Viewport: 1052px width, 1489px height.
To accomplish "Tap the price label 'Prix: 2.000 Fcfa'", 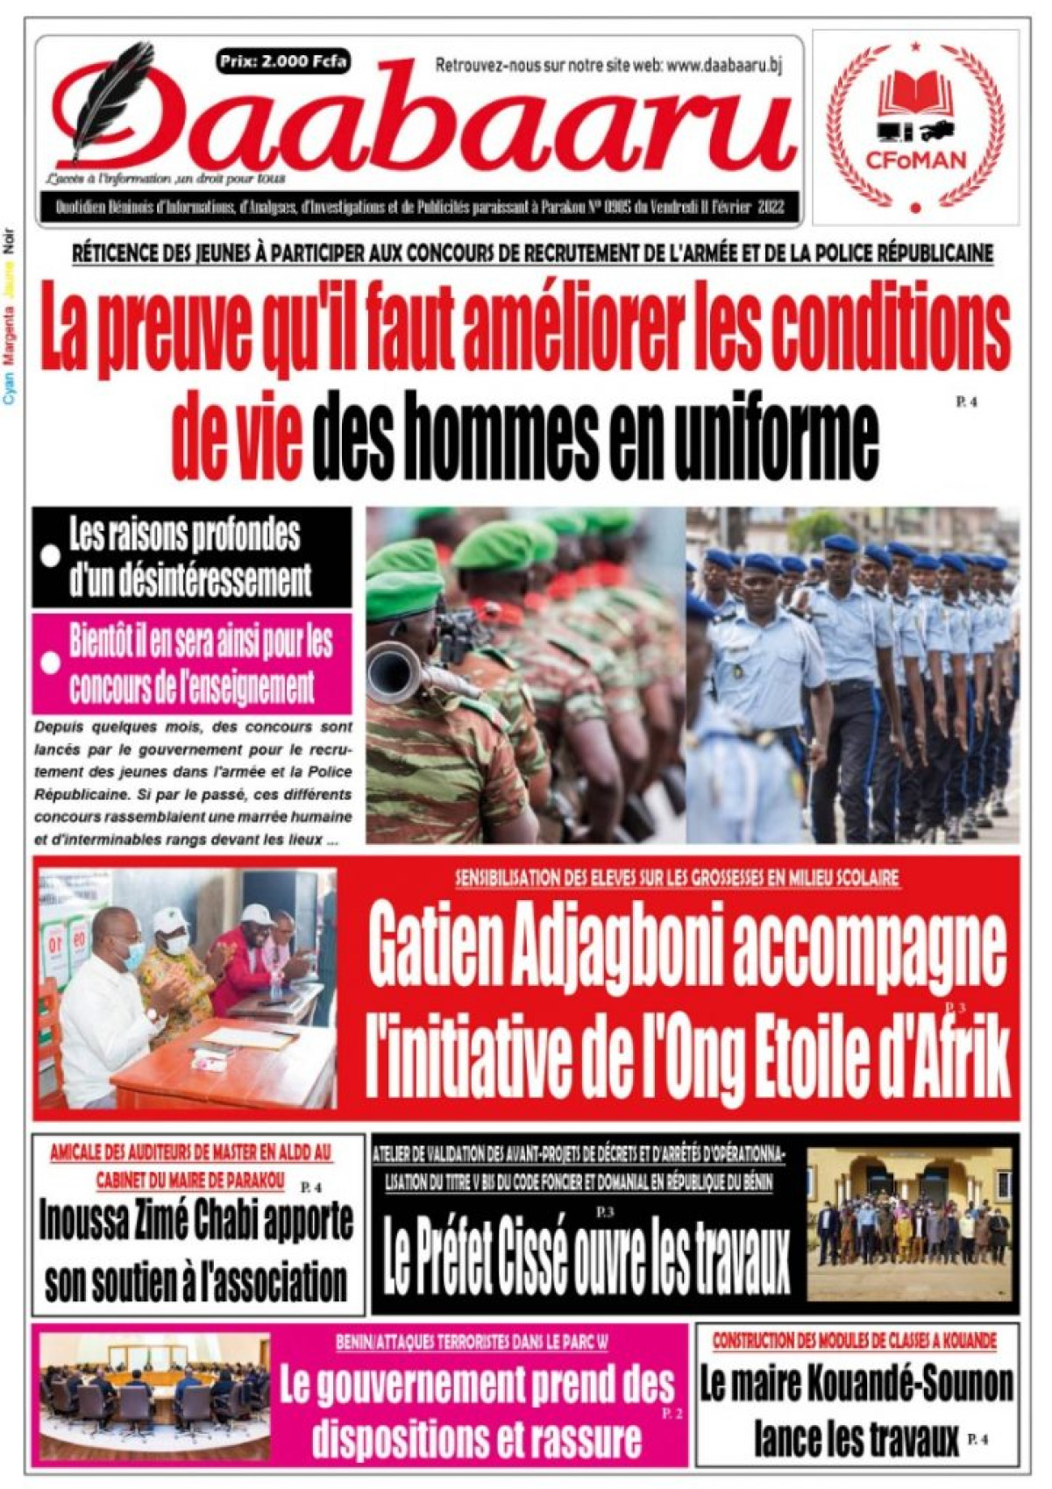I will click(284, 62).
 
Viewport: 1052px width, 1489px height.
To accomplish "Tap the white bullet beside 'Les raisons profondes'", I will click(51, 556).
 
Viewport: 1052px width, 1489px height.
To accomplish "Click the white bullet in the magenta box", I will click(51, 663).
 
